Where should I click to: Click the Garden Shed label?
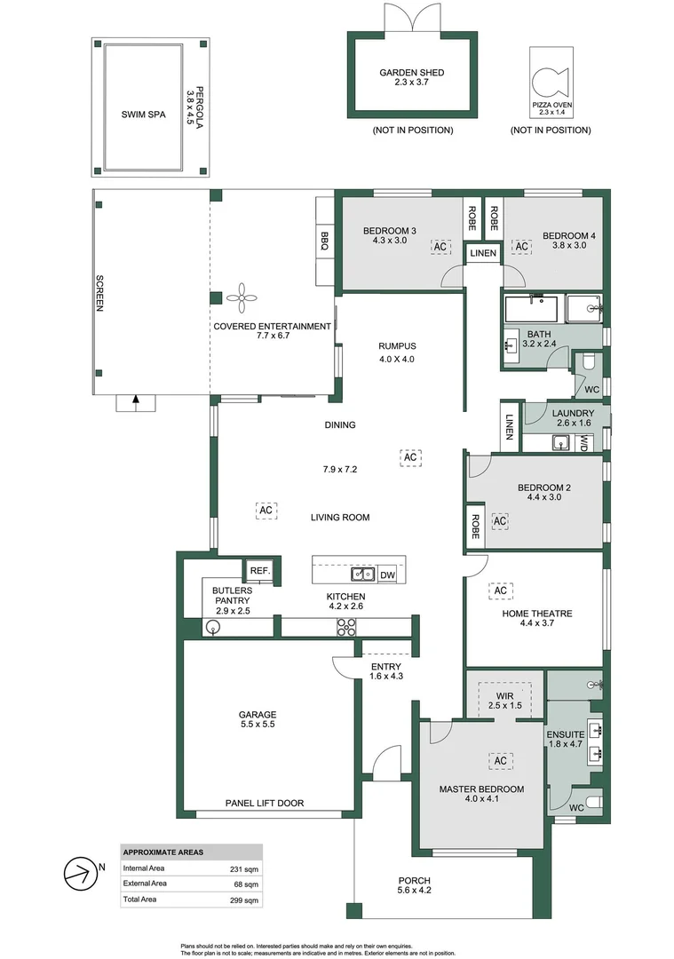pos(412,72)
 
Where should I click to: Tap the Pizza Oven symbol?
pos(550,83)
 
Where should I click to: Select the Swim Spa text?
pos(143,115)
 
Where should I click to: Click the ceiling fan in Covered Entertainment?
pos(242,297)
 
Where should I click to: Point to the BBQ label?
pos(324,241)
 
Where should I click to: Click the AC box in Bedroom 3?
pos(440,247)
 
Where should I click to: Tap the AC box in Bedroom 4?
pos(521,247)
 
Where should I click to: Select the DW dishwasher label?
pos(388,575)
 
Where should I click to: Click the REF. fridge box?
pos(260,571)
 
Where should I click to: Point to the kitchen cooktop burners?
pos(347,627)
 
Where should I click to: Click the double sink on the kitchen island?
pos(362,575)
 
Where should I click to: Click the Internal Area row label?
pos(144,868)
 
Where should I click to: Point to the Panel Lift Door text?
pos(265,803)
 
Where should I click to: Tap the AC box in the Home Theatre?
pos(500,590)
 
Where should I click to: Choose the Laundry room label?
pos(573,414)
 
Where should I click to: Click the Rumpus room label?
pos(397,346)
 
